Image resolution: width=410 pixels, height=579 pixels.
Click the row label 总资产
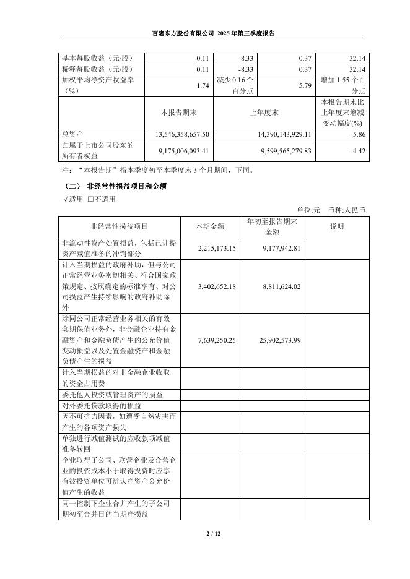(73, 134)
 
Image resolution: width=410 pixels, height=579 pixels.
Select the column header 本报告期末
(178, 112)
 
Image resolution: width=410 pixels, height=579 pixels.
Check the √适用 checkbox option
(73, 199)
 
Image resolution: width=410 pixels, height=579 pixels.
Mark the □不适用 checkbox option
(102, 199)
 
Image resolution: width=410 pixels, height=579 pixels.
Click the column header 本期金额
(209, 226)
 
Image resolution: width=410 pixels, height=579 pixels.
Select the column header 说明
(337, 226)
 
